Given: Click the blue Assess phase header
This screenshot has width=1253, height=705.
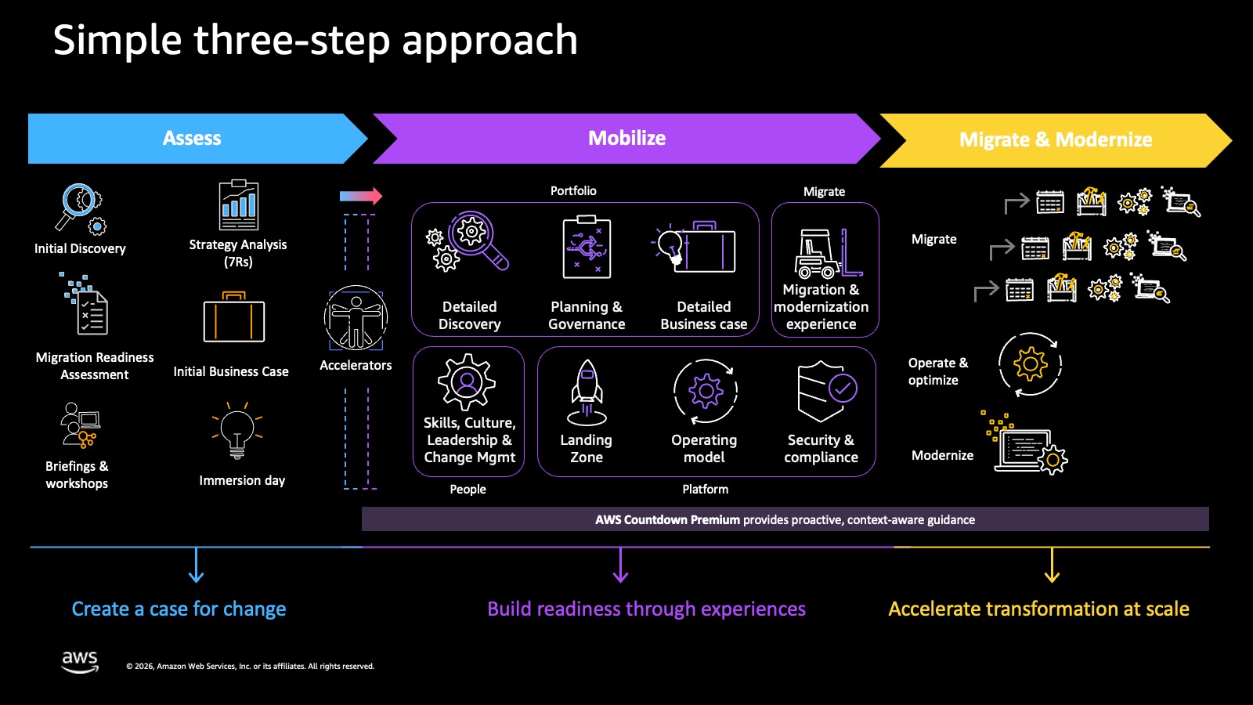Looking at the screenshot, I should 192,139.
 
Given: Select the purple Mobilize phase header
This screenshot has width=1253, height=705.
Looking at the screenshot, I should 626,139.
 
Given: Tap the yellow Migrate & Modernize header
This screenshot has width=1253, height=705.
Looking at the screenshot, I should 1055,140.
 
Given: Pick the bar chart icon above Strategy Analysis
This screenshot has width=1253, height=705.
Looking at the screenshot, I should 239,205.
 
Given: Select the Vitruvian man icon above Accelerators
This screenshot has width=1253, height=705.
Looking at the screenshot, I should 356,318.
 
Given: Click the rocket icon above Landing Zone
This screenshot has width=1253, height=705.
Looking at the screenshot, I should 587,392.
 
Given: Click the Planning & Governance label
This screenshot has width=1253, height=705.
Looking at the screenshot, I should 587,316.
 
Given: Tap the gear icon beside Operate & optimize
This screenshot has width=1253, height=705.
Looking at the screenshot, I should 1031,364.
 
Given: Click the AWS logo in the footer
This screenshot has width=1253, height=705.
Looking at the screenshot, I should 80,661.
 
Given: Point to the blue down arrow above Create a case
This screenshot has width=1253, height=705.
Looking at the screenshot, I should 196,566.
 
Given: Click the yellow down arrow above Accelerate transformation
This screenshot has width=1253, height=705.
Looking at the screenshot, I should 1052,566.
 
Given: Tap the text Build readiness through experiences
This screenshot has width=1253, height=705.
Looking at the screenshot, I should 646,609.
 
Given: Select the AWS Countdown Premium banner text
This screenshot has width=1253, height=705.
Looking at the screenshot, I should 785,519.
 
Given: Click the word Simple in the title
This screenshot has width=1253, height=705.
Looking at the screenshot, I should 117,41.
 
